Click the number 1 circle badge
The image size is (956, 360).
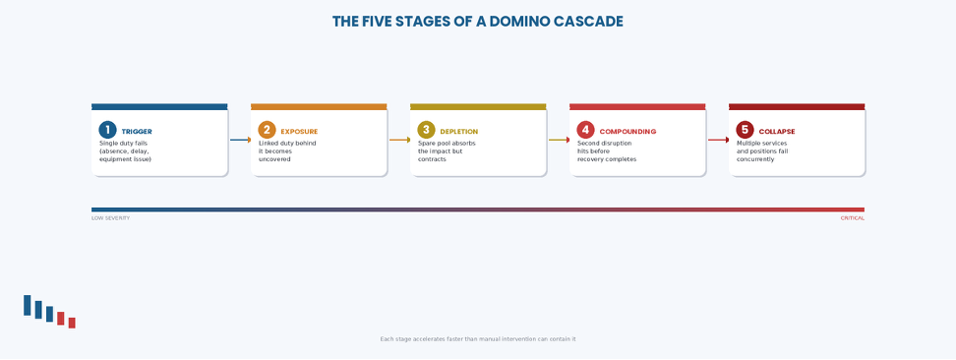107,130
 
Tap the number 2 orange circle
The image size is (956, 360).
267,130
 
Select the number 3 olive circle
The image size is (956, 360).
426,130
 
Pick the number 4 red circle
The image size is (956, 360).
585,130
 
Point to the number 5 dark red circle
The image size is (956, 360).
745,130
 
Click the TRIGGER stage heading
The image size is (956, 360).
137,132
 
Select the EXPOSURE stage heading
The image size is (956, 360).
299,132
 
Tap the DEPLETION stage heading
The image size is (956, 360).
459,132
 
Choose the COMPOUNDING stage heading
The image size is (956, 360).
627,132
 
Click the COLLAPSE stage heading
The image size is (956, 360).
777,132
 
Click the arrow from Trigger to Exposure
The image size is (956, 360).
240,140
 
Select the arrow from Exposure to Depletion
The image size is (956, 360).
400,140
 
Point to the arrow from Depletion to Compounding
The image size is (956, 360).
559,140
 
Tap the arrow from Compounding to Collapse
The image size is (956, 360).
718,140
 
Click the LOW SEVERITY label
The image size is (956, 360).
110,218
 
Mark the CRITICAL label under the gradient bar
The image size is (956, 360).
853,218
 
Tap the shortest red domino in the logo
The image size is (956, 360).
72,323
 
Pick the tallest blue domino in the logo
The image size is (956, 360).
27,305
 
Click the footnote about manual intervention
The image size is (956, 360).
478,339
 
